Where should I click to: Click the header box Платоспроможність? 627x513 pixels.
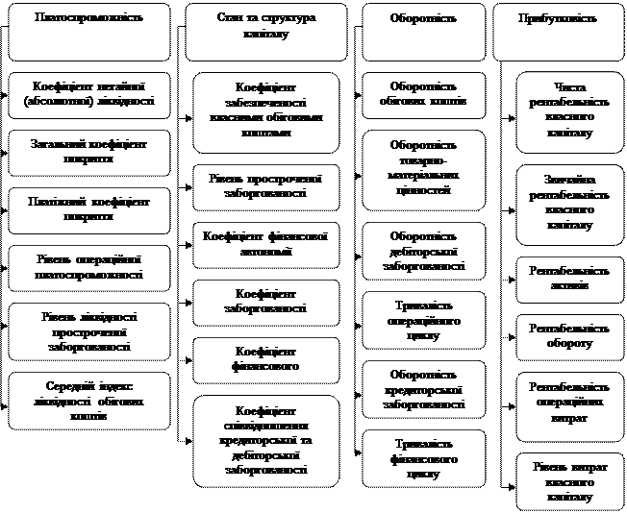89,32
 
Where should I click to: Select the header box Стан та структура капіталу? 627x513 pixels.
266,32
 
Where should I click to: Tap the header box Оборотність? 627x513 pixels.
423,32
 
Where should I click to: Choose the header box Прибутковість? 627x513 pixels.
556,32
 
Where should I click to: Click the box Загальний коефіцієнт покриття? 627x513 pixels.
89,152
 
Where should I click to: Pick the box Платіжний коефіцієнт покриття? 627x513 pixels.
89,209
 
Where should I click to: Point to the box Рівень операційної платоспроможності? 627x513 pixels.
89,267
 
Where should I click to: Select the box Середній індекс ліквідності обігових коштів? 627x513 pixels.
89,401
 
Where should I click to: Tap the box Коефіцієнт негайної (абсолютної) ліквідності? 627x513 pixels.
89,94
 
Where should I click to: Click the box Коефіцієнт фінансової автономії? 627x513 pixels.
266,242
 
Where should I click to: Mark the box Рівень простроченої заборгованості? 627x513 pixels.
266,186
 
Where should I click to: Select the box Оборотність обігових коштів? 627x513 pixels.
423,94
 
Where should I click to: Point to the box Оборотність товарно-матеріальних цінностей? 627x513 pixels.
423,170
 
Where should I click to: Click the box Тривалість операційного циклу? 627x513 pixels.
423,320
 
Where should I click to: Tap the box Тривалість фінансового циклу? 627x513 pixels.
423,457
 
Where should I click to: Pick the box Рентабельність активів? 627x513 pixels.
567,279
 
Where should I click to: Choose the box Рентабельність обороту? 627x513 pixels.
567,336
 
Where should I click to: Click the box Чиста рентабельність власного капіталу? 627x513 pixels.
567,112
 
